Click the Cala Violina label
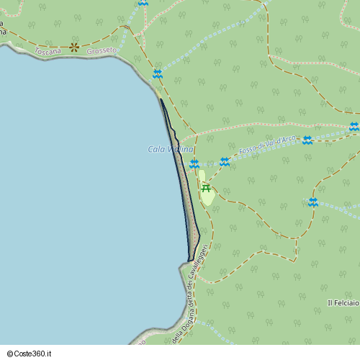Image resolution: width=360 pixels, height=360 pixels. pyautogui.click(x=171, y=149)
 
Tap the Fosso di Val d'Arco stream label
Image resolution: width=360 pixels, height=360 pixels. pyautogui.click(x=268, y=144)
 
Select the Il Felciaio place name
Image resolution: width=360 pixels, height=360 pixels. pyautogui.click(x=343, y=302)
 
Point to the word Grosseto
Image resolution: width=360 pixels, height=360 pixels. pyautogui.click(x=101, y=52)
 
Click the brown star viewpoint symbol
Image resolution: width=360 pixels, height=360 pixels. pyautogui.click(x=74, y=48)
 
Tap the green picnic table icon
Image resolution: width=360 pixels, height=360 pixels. pyautogui.click(x=206, y=189)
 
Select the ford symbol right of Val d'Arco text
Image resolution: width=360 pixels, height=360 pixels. pyautogui.click(x=307, y=140)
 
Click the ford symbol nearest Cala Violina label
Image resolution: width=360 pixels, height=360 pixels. pyautogui.click(x=194, y=164)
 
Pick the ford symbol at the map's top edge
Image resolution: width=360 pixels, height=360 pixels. pyautogui.click(x=143, y=3)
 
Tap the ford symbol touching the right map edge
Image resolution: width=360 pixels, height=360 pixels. pyautogui.click(x=354, y=127)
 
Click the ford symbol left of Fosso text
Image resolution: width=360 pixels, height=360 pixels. pyautogui.click(x=225, y=162)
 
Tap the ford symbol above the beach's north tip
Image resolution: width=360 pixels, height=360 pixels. pyautogui.click(x=157, y=73)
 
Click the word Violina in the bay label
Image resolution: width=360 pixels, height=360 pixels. pyautogui.click(x=180, y=149)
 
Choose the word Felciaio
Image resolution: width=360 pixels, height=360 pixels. pyautogui.click(x=346, y=302)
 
